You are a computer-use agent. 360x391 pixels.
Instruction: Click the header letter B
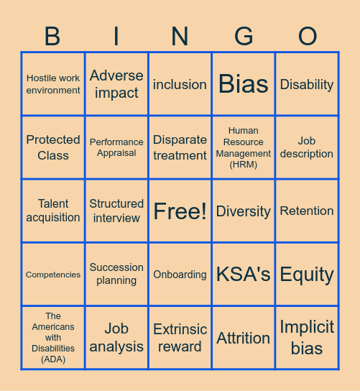pyautogui.click(x=52, y=36)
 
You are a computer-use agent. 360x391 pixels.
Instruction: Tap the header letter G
pyautogui.click(x=244, y=36)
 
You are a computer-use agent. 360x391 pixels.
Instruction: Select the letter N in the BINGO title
pyautogui.click(x=180, y=36)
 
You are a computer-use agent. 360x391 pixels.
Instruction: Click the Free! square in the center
pyautogui.click(x=180, y=211)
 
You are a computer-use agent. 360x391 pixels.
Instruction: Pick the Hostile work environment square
pyautogui.click(x=53, y=84)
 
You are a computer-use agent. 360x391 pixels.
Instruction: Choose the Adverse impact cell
pyautogui.click(x=116, y=84)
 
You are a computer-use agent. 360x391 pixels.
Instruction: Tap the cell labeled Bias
pyautogui.click(x=244, y=84)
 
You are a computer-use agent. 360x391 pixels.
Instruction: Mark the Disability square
pyautogui.click(x=307, y=84)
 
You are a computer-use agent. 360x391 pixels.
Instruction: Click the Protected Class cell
pyautogui.click(x=53, y=147)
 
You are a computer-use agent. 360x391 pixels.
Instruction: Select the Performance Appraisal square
pyautogui.click(x=116, y=147)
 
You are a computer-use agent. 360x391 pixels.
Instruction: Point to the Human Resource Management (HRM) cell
pyautogui.click(x=244, y=147)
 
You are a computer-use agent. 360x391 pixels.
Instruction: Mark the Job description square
pyautogui.click(x=307, y=147)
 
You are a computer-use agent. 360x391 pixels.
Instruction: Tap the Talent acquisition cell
pyautogui.click(x=53, y=211)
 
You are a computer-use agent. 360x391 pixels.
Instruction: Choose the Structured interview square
pyautogui.click(x=116, y=211)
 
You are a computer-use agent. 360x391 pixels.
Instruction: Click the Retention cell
pyautogui.click(x=307, y=211)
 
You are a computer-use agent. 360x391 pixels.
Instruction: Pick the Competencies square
pyautogui.click(x=53, y=275)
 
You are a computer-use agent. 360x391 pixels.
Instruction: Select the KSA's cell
pyautogui.click(x=244, y=275)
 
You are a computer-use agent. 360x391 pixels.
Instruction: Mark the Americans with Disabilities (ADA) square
pyautogui.click(x=53, y=338)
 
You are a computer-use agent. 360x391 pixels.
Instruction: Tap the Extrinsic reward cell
pyautogui.click(x=180, y=338)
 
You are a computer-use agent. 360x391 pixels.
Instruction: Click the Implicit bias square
pyautogui.click(x=307, y=338)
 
